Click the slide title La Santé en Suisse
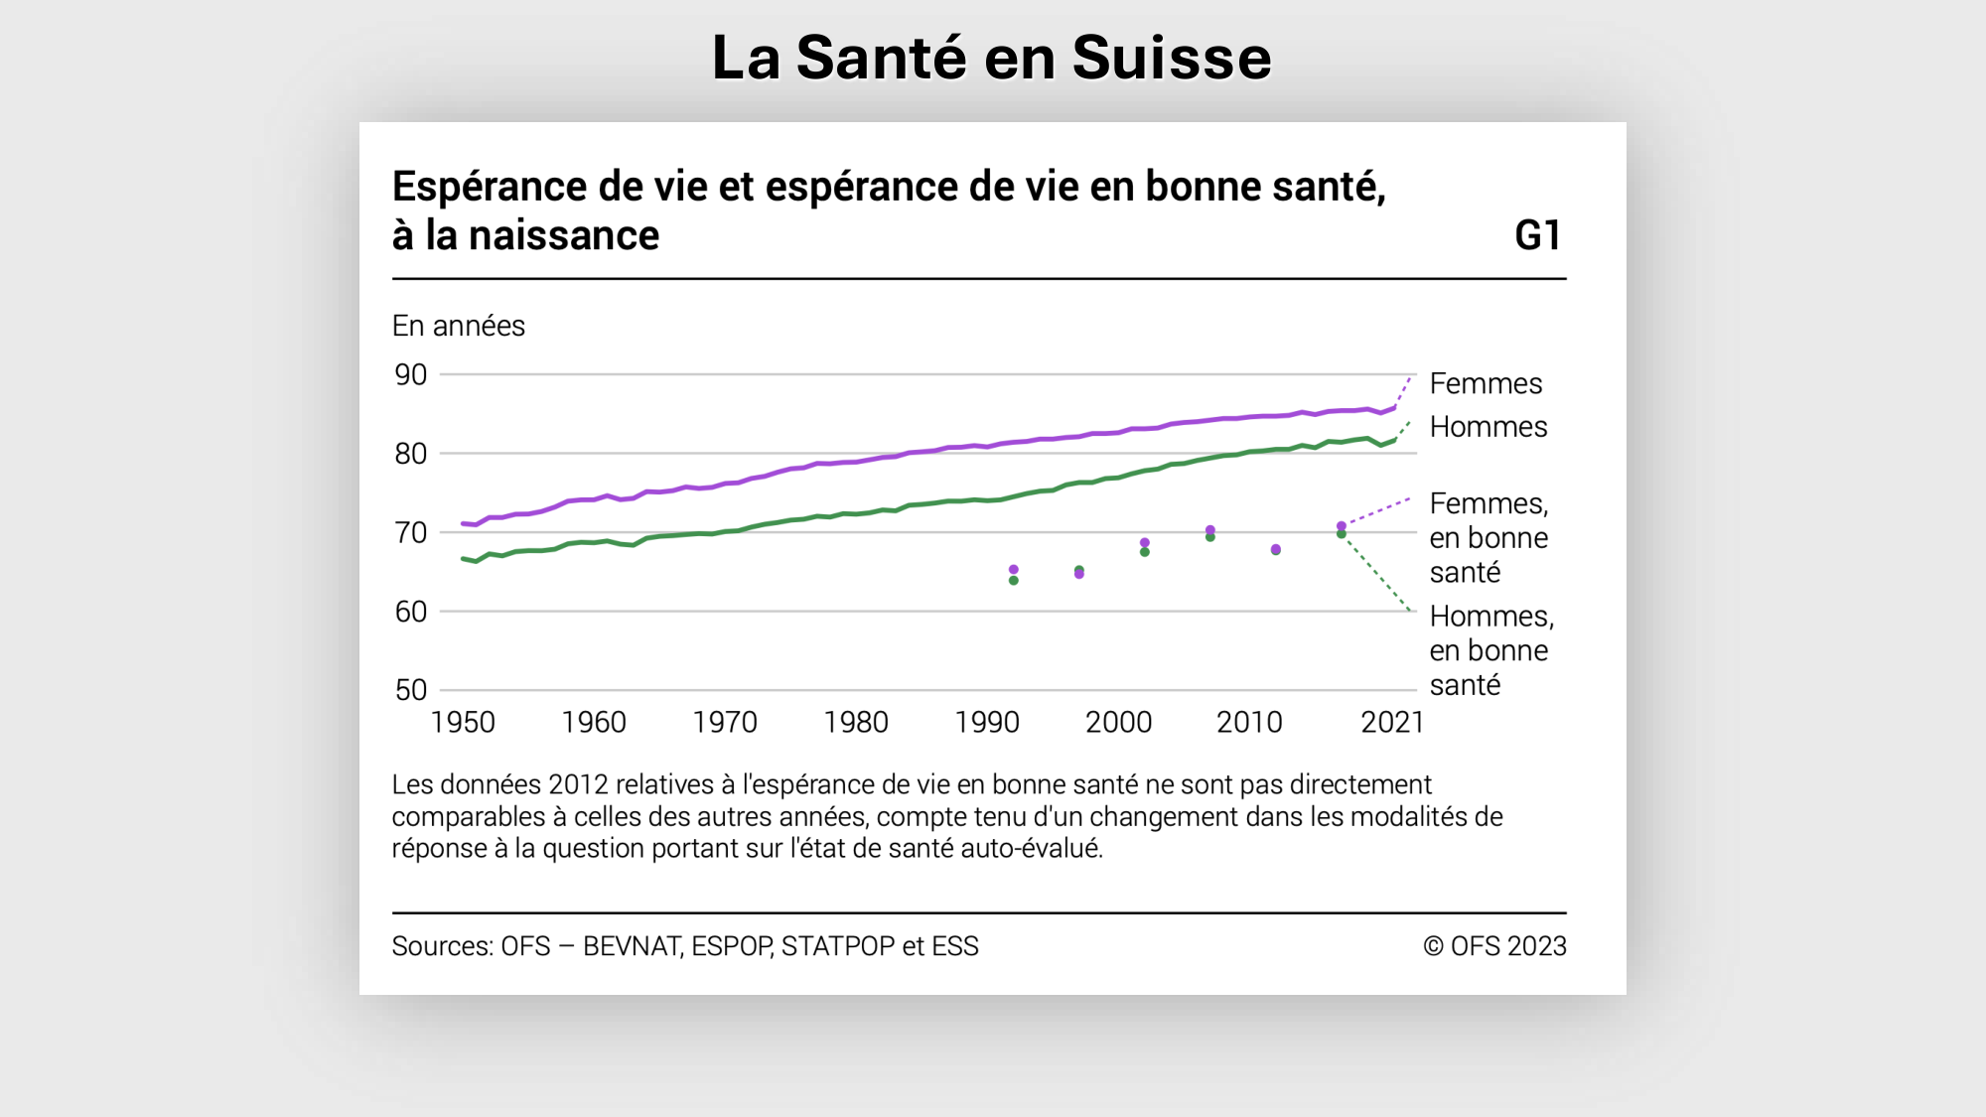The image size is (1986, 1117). tap(991, 58)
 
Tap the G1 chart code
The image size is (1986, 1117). tap(1537, 236)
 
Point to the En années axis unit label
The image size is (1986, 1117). tap(458, 326)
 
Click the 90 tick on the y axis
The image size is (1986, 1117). tap(411, 375)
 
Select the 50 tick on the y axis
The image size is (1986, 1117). tap(411, 690)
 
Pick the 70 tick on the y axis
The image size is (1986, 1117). tap(411, 533)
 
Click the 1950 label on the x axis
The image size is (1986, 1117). tap(463, 722)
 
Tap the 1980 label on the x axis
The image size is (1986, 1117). tap(856, 722)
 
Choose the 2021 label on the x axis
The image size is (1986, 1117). tap(1392, 722)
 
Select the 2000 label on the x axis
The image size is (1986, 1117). tap(1118, 722)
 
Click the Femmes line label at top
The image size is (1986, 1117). tap(1486, 383)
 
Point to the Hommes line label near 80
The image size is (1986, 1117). tap(1488, 427)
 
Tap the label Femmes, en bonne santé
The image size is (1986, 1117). tap(1488, 538)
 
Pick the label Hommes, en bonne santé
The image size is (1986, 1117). tap(1490, 650)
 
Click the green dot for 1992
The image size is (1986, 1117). tap(1014, 581)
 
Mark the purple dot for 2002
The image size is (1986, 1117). tap(1145, 543)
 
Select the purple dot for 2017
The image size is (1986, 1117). tap(1342, 526)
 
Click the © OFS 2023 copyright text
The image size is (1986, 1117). tap(1494, 946)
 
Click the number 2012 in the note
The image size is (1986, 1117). tap(577, 784)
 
